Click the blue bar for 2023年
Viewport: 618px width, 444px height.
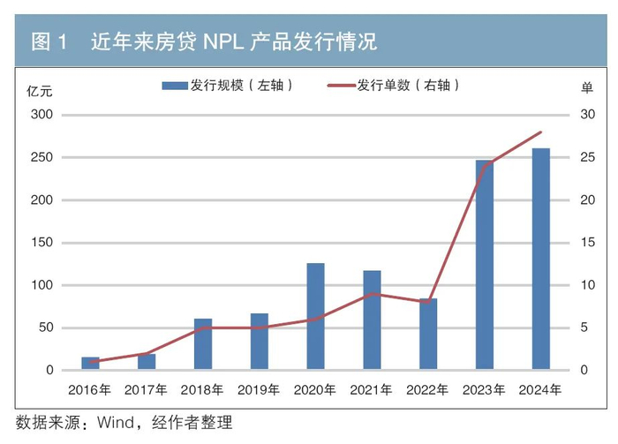[x=484, y=265]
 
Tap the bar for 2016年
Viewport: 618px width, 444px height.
[x=90, y=363]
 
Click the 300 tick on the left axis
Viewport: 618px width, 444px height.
[x=42, y=116]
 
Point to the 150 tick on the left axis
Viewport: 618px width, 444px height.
[x=42, y=243]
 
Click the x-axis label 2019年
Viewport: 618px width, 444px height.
[x=259, y=389]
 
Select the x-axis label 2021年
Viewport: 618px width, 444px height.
[x=372, y=389]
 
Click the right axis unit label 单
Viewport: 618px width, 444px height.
[x=586, y=88]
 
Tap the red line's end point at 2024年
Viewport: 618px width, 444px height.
[x=540, y=132]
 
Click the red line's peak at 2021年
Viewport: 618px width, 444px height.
[x=372, y=294]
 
